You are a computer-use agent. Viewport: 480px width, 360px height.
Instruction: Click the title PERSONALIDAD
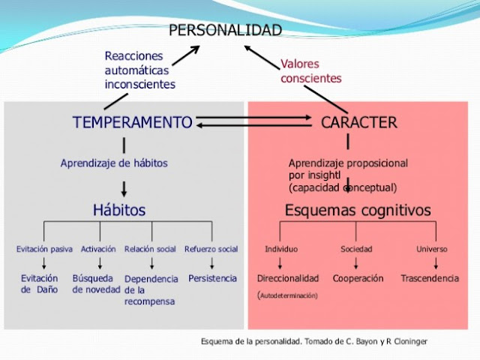[225, 30]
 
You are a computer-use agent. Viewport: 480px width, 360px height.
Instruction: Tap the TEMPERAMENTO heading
[132, 122]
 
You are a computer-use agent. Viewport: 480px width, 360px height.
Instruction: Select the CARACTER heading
[358, 122]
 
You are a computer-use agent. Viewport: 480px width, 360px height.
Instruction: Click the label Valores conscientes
[310, 71]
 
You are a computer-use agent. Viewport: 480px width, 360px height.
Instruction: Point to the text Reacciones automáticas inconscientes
[139, 70]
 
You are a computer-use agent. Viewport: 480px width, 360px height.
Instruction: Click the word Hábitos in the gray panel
[118, 210]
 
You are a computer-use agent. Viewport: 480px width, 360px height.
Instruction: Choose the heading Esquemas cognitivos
[358, 210]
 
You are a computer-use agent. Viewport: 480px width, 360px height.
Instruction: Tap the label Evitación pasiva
[44, 249]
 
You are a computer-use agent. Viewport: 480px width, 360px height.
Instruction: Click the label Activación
[98, 249]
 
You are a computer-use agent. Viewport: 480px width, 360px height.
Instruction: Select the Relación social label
[150, 249]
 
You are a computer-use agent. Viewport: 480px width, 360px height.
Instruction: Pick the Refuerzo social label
[211, 249]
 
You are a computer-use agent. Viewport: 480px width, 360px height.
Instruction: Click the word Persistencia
[212, 278]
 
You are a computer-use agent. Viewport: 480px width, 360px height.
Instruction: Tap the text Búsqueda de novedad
[96, 283]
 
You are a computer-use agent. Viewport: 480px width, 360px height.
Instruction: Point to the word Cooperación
[358, 278]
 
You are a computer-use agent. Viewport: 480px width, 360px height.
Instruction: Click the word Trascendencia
[430, 278]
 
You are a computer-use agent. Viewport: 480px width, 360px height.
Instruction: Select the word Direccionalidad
[288, 278]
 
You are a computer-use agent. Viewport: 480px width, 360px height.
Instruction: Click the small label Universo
[431, 249]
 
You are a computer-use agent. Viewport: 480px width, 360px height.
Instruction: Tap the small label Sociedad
[356, 249]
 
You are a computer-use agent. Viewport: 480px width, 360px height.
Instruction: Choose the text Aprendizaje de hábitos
[114, 163]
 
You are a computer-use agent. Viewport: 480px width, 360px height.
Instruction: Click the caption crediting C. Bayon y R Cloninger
[314, 342]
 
